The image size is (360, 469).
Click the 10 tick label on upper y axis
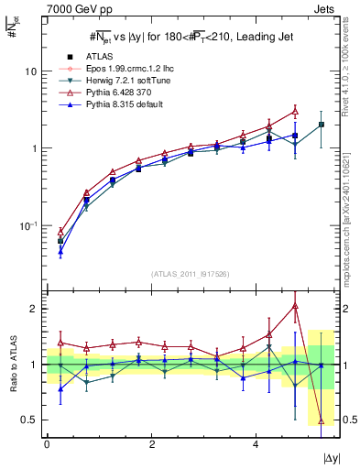click(x=30, y=71)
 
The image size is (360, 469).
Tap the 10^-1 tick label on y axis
click(x=28, y=225)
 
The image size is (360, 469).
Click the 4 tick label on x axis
click(x=255, y=444)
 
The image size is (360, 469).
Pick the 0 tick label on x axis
click(x=47, y=444)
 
